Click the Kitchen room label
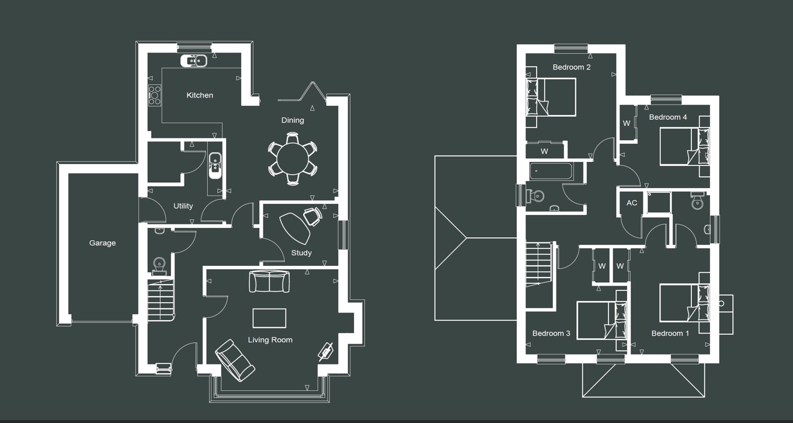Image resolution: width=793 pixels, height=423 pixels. (200, 95)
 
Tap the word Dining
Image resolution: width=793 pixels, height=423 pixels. (293, 120)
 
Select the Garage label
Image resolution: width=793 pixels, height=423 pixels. (102, 242)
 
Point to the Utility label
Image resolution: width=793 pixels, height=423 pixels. (183, 206)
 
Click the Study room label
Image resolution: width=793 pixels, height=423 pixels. (301, 252)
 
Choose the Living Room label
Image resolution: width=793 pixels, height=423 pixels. (270, 340)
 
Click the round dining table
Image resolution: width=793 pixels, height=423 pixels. (293, 159)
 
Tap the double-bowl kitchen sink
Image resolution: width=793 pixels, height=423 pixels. (194, 61)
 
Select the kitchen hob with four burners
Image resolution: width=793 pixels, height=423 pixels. (155, 95)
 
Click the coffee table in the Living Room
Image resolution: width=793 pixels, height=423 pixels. (269, 318)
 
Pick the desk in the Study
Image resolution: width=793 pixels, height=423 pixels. (294, 228)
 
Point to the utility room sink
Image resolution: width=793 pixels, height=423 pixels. (215, 165)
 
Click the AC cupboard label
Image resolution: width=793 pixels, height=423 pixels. (632, 203)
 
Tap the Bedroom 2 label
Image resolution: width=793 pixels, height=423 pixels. (571, 67)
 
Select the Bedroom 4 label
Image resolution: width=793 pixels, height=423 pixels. (667, 117)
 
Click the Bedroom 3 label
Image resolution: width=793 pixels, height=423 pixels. (551, 333)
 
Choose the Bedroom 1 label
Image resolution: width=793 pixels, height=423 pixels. (670, 333)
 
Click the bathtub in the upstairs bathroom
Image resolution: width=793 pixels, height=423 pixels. (551, 171)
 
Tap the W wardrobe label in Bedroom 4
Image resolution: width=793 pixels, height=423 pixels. (626, 123)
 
